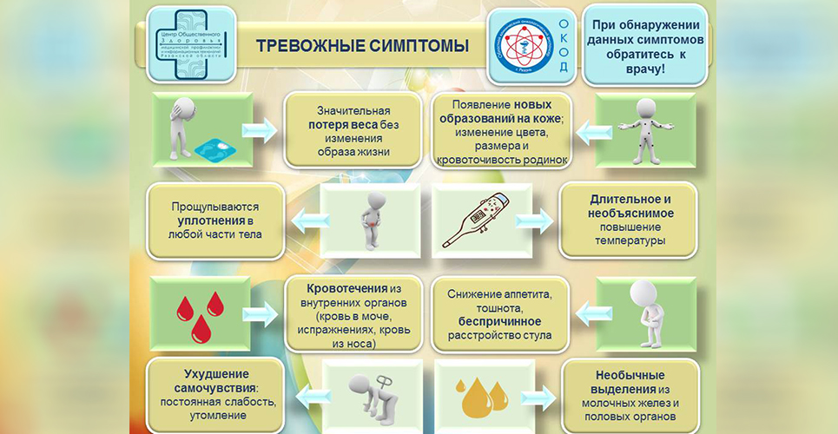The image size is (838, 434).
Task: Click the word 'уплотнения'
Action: (x=202, y=220)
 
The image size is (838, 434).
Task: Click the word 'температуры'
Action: (x=631, y=240)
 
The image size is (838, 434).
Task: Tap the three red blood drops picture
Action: (x=196, y=315)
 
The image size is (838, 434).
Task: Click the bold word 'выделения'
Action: (x=618, y=390)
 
